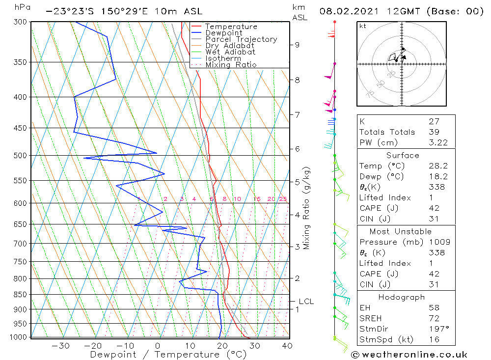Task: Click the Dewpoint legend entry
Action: (223, 33)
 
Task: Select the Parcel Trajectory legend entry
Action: (241, 39)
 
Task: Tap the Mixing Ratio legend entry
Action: (231, 65)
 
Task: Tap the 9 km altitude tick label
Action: (297, 45)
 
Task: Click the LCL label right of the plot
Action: (306, 302)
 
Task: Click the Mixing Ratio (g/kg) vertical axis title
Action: (307, 208)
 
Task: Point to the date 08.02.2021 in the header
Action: (346, 11)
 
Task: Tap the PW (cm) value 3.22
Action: (436, 142)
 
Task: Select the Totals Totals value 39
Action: (433, 132)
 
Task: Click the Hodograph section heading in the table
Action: (402, 298)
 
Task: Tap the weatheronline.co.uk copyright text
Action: (409, 355)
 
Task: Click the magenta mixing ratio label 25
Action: (283, 199)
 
